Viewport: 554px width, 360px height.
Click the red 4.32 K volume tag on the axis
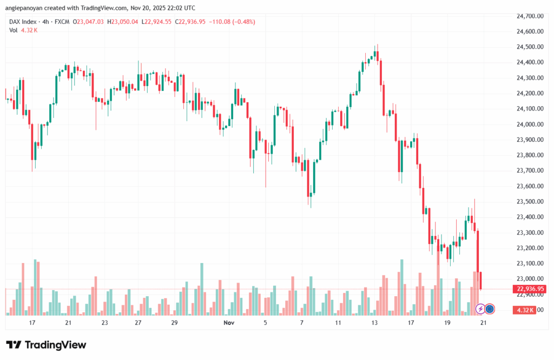tap(526, 310)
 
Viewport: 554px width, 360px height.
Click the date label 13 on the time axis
tap(374, 323)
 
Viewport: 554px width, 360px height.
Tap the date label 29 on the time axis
tap(174, 323)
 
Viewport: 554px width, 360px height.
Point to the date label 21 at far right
tap(483, 323)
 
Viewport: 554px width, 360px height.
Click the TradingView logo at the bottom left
tap(46, 345)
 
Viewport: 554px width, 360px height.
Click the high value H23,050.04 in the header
tap(122, 22)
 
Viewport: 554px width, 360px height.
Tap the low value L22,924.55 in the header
tap(157, 22)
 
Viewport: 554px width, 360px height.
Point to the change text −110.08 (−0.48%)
tap(235, 22)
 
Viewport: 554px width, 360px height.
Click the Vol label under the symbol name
tap(13, 30)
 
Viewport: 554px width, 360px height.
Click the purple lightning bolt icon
tap(480, 309)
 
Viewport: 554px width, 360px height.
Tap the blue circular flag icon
tap(490, 309)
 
